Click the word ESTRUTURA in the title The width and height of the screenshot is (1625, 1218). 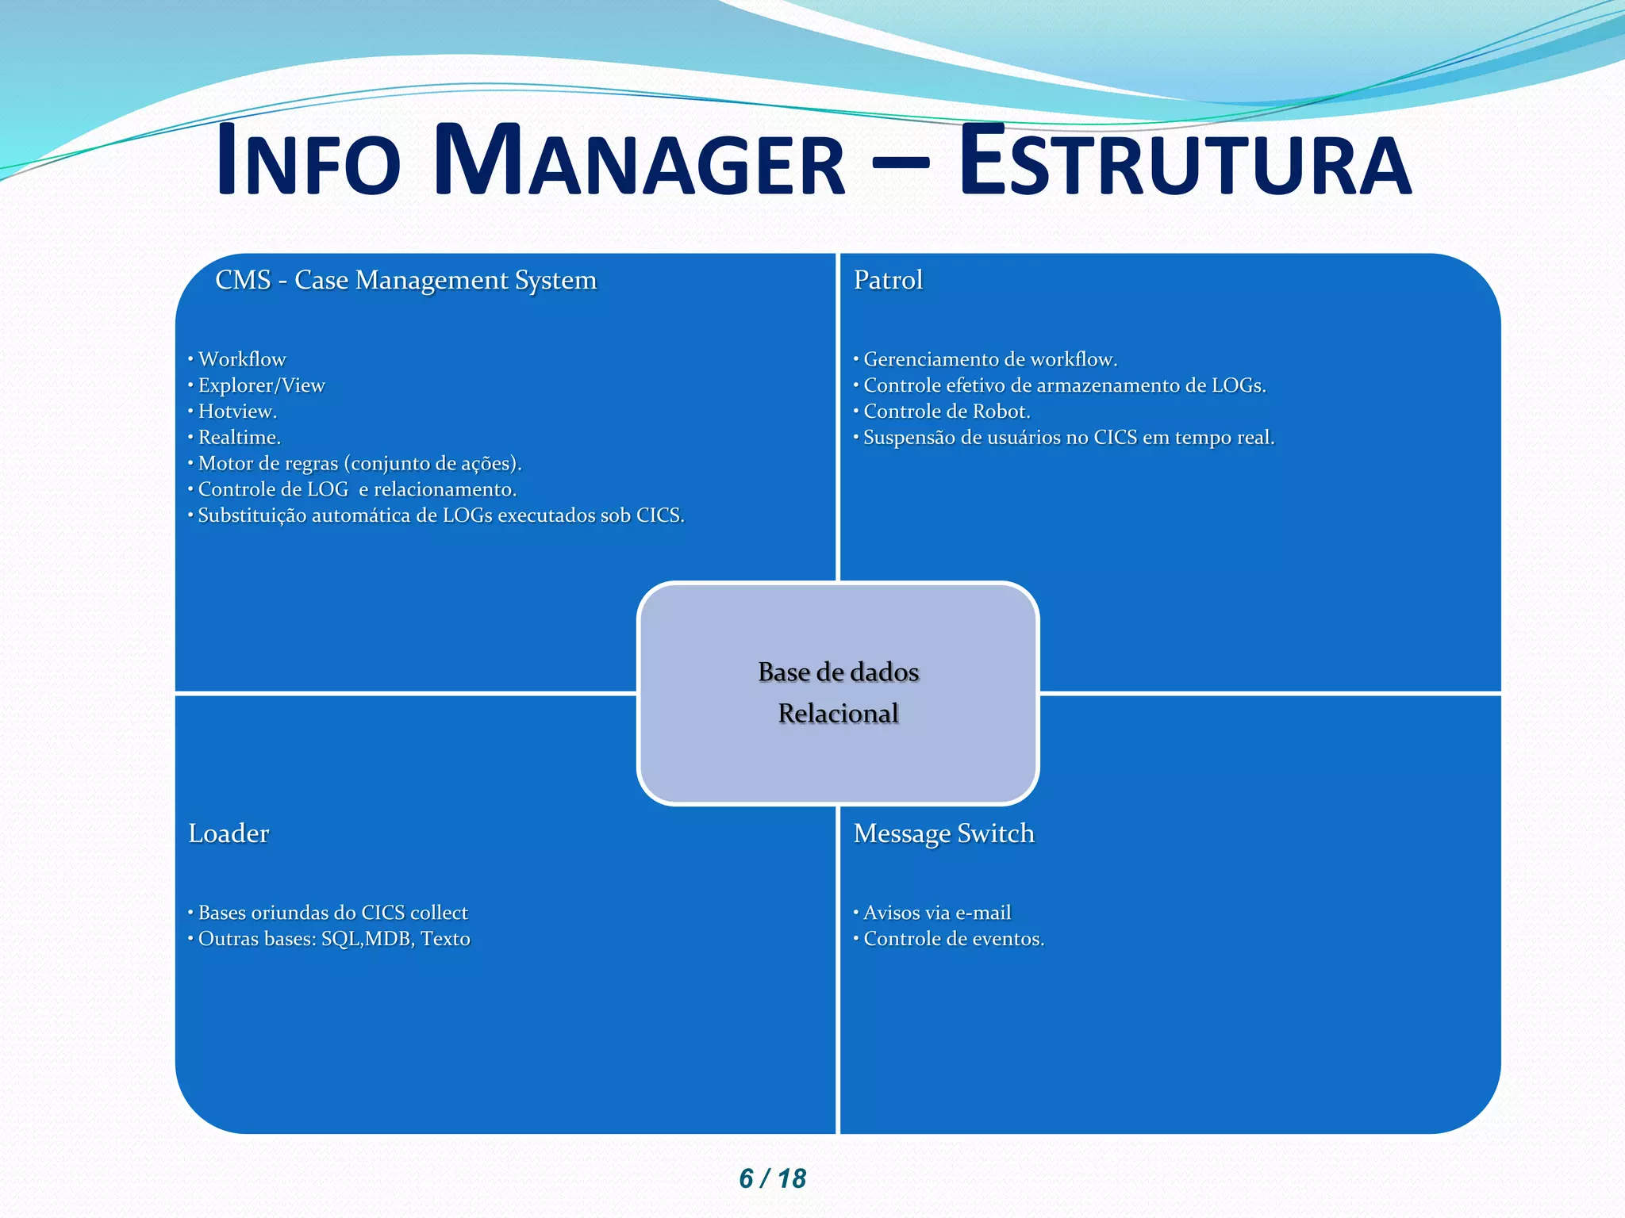click(x=1185, y=163)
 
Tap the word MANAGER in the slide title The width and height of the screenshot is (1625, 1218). click(x=640, y=163)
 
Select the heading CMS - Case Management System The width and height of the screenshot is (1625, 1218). click(x=405, y=280)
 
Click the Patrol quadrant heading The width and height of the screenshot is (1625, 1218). click(x=888, y=280)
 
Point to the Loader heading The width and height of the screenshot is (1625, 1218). click(x=229, y=833)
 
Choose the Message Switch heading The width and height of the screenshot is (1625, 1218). click(x=943, y=833)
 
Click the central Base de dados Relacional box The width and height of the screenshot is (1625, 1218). click(x=838, y=693)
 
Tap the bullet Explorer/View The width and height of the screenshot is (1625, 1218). click(x=261, y=385)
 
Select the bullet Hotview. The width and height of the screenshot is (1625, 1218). click(x=237, y=412)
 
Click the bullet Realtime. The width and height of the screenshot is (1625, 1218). click(x=239, y=438)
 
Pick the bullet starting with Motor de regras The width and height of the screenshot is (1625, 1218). click(x=359, y=464)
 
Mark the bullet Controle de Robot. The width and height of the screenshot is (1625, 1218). click(x=947, y=412)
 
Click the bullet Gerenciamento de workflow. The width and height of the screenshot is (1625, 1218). click(x=990, y=359)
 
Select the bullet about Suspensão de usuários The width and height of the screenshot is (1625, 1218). click(x=1069, y=438)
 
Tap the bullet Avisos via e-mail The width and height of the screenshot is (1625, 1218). click(x=937, y=913)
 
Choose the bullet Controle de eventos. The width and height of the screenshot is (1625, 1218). click(x=954, y=939)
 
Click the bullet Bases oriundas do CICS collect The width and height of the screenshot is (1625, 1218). click(x=332, y=913)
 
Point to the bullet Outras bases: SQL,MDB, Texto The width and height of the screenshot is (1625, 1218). click(x=334, y=939)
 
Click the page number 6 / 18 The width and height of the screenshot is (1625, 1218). click(x=772, y=1178)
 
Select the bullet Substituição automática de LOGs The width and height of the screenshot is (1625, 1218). click(x=441, y=515)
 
